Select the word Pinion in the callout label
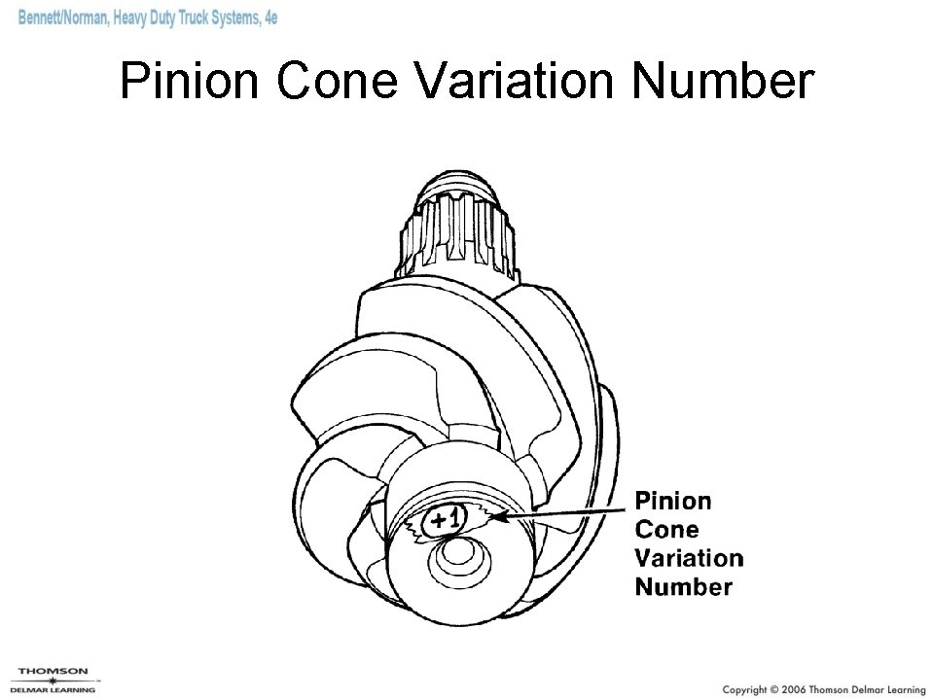pyautogui.click(x=672, y=502)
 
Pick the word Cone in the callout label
pyautogui.click(x=666, y=530)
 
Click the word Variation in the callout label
pyautogui.click(x=688, y=558)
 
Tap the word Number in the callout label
pyautogui.click(x=683, y=586)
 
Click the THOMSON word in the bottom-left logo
pyautogui.click(x=53, y=671)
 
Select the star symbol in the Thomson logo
pyautogui.click(x=53, y=681)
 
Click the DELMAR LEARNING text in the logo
pyautogui.click(x=53, y=690)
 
